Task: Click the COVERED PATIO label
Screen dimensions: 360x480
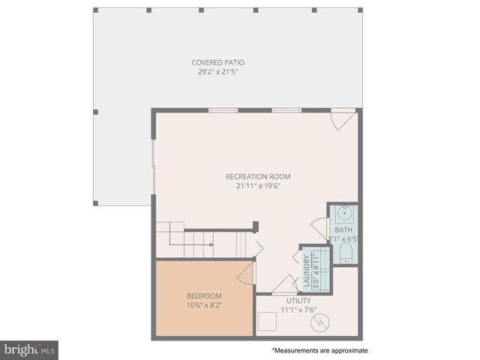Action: (217, 62)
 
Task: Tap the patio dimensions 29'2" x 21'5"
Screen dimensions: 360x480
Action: (217, 72)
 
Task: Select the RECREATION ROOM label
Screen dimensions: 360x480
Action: (258, 177)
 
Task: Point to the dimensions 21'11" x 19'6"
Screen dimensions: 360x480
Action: (258, 187)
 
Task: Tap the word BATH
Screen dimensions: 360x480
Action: (343, 230)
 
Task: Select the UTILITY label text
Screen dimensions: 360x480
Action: (298, 300)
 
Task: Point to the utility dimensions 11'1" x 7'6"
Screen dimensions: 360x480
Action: (298, 310)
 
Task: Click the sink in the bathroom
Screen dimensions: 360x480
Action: (344, 212)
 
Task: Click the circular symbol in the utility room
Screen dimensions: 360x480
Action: (320, 322)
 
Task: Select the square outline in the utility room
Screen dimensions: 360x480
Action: (267, 322)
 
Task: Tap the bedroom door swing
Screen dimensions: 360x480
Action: (245, 273)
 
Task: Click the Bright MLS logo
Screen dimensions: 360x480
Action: (29, 350)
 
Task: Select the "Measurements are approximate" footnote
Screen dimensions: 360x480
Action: (320, 350)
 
